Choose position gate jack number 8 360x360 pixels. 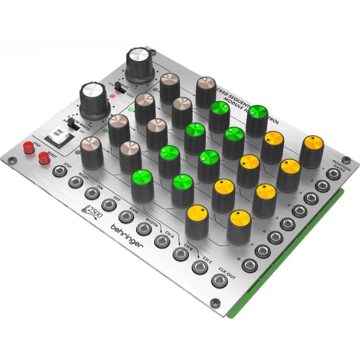click(x=262, y=251)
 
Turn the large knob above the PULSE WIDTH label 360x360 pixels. click(x=91, y=99)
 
